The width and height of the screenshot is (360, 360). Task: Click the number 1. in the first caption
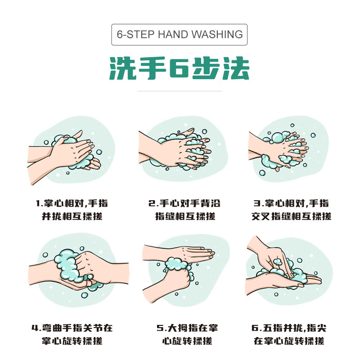pos(39,203)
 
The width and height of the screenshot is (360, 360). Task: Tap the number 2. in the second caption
pos(152,203)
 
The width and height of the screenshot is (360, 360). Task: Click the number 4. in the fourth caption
pos(36,328)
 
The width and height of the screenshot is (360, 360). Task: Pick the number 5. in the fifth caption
pos(159,328)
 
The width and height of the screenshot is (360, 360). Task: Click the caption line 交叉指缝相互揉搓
pos(291,216)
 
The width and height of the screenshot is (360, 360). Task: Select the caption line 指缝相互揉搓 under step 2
pos(185,216)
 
